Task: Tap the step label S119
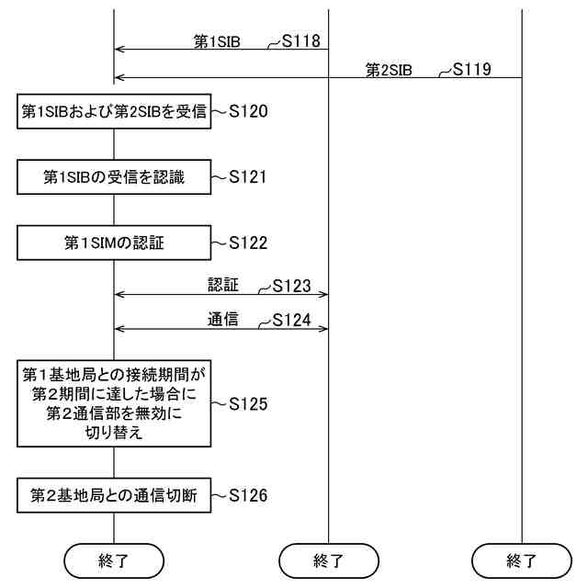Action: click(472, 69)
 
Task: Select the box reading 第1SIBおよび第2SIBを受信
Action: click(114, 112)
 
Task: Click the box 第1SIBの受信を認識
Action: click(114, 177)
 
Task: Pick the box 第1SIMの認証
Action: click(114, 243)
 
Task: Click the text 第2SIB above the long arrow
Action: click(389, 69)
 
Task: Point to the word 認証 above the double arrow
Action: click(223, 286)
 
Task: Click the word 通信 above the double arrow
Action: click(223, 320)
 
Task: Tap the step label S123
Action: click(292, 287)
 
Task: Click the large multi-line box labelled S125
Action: click(114, 403)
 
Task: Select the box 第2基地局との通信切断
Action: click(114, 496)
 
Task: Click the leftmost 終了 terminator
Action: click(114, 559)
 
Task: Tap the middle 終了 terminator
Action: click(329, 559)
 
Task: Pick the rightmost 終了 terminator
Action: click(521, 559)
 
